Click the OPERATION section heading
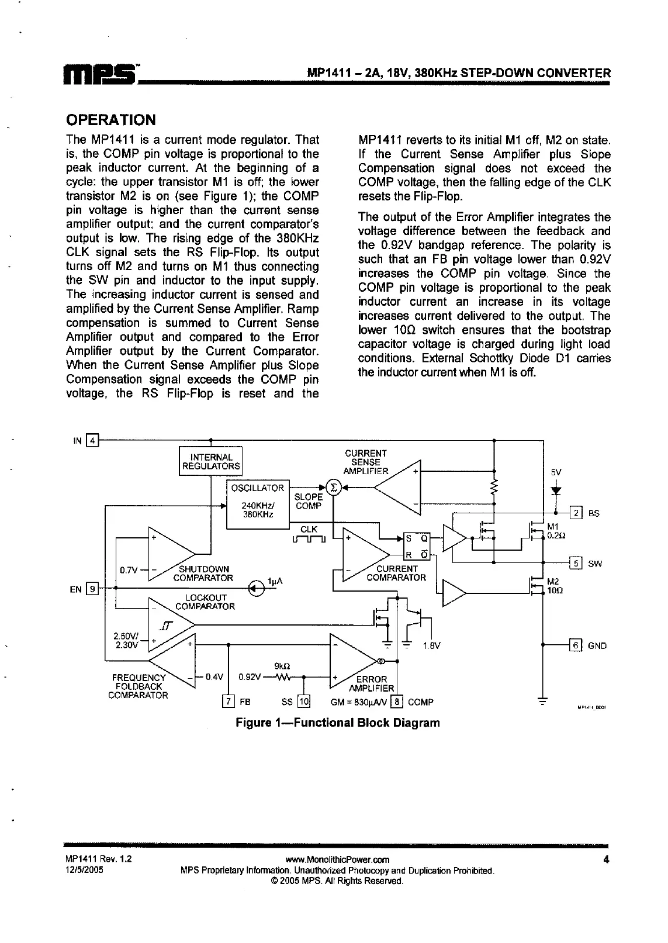(111, 120)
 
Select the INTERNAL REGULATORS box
(210, 462)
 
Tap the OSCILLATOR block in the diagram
(258, 504)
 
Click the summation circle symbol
(334, 488)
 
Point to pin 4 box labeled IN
(93, 440)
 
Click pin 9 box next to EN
(92, 589)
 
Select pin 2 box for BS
(576, 513)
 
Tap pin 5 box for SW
(576, 564)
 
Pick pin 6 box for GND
(576, 645)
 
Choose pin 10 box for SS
(304, 702)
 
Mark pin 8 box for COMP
(397, 702)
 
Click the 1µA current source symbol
(256, 588)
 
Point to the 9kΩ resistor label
(282, 666)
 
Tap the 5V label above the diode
(556, 472)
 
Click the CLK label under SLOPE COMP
(309, 529)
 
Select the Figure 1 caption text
(337, 723)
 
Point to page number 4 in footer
(607, 859)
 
